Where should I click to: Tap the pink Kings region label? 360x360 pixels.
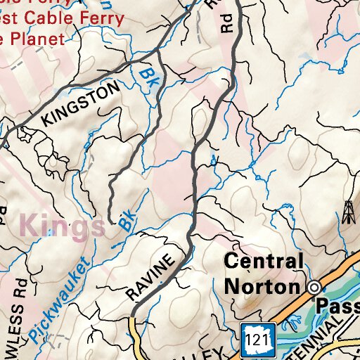click(x=63, y=226)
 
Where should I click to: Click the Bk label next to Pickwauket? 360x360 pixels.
click(x=127, y=222)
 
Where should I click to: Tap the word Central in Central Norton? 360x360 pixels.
click(x=264, y=262)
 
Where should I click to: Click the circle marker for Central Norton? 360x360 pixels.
click(x=314, y=287)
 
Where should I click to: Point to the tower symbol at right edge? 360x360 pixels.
click(x=348, y=212)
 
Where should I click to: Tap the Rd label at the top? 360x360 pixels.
click(x=226, y=26)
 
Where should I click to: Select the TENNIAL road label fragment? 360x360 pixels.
click(x=330, y=337)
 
